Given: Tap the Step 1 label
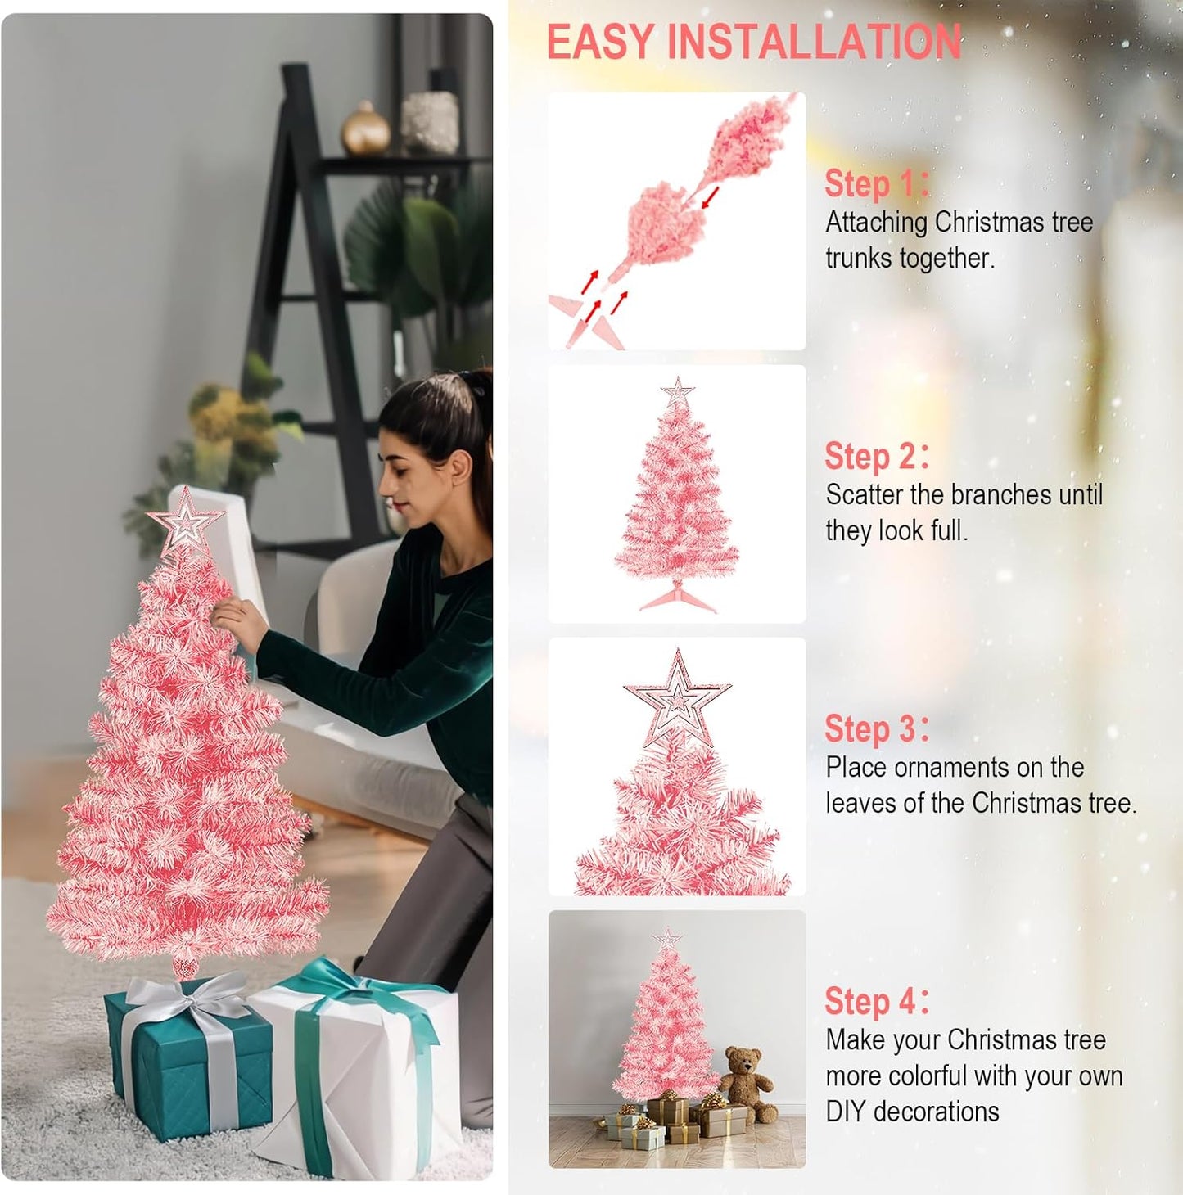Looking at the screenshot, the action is click(x=875, y=184).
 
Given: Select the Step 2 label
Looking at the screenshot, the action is click(x=875, y=457).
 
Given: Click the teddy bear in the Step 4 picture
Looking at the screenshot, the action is click(x=747, y=1084).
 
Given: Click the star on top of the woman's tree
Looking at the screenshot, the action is click(x=186, y=521).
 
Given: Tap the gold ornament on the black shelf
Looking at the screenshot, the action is click(x=365, y=129).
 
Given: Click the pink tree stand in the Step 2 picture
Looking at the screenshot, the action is click(x=677, y=597).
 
